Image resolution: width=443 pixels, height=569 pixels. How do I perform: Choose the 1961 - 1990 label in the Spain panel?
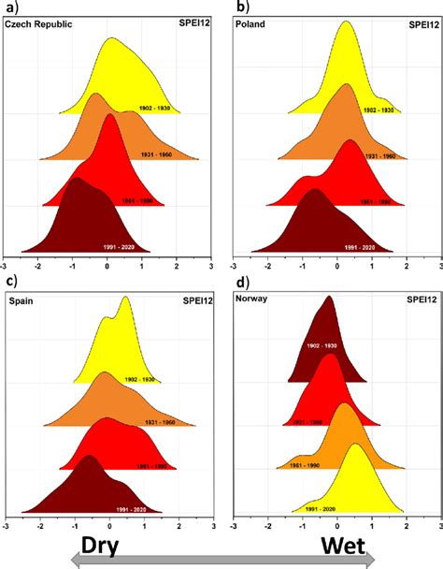point(146,465)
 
